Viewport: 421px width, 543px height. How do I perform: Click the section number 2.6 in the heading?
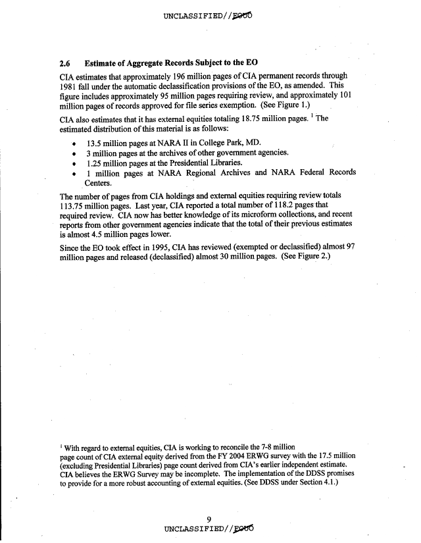66,64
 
